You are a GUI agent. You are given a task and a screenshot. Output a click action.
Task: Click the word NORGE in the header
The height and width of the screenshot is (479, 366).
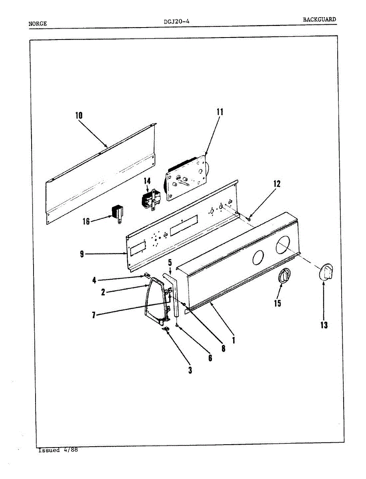(x=38, y=24)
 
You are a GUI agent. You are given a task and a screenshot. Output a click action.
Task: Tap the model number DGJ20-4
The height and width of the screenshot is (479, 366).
(x=176, y=22)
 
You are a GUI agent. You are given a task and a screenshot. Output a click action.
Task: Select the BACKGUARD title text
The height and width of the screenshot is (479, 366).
(x=319, y=19)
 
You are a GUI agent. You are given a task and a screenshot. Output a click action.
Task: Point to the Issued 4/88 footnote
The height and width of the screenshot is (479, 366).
(x=58, y=450)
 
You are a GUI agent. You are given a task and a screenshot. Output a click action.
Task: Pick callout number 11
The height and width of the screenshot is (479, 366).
(x=220, y=112)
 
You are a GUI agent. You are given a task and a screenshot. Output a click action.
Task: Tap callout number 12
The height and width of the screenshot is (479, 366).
(x=277, y=184)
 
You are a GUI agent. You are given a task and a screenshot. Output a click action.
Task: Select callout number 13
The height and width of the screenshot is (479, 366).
(x=324, y=325)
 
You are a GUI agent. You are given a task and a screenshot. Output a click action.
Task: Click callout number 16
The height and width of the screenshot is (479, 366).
(x=86, y=221)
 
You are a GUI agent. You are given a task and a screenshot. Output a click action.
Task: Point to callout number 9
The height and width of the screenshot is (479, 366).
(x=81, y=254)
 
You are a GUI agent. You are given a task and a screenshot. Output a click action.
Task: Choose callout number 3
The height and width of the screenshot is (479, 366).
(x=190, y=370)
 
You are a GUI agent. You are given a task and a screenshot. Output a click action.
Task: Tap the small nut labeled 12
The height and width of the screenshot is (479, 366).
(x=249, y=218)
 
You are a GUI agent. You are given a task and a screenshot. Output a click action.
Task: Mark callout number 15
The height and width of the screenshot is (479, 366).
(x=277, y=303)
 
